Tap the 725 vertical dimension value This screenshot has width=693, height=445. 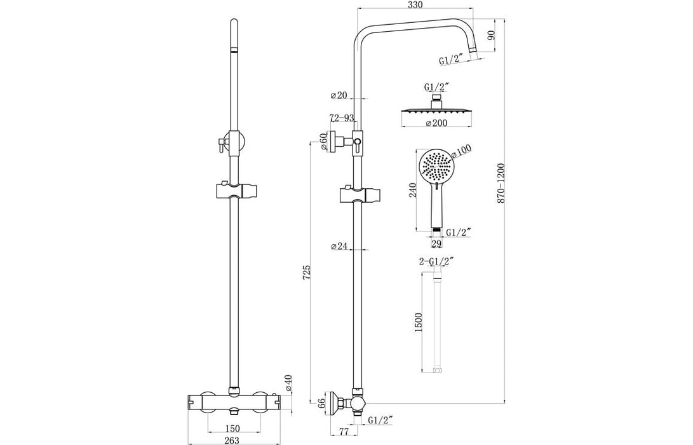coord(307,273)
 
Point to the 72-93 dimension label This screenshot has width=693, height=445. coord(341,118)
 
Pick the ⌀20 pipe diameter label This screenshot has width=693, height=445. coord(338,96)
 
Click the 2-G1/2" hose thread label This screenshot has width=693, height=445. coord(436,261)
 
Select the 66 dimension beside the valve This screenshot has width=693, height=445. coord(322,402)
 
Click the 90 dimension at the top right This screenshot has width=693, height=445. coord(490,36)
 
